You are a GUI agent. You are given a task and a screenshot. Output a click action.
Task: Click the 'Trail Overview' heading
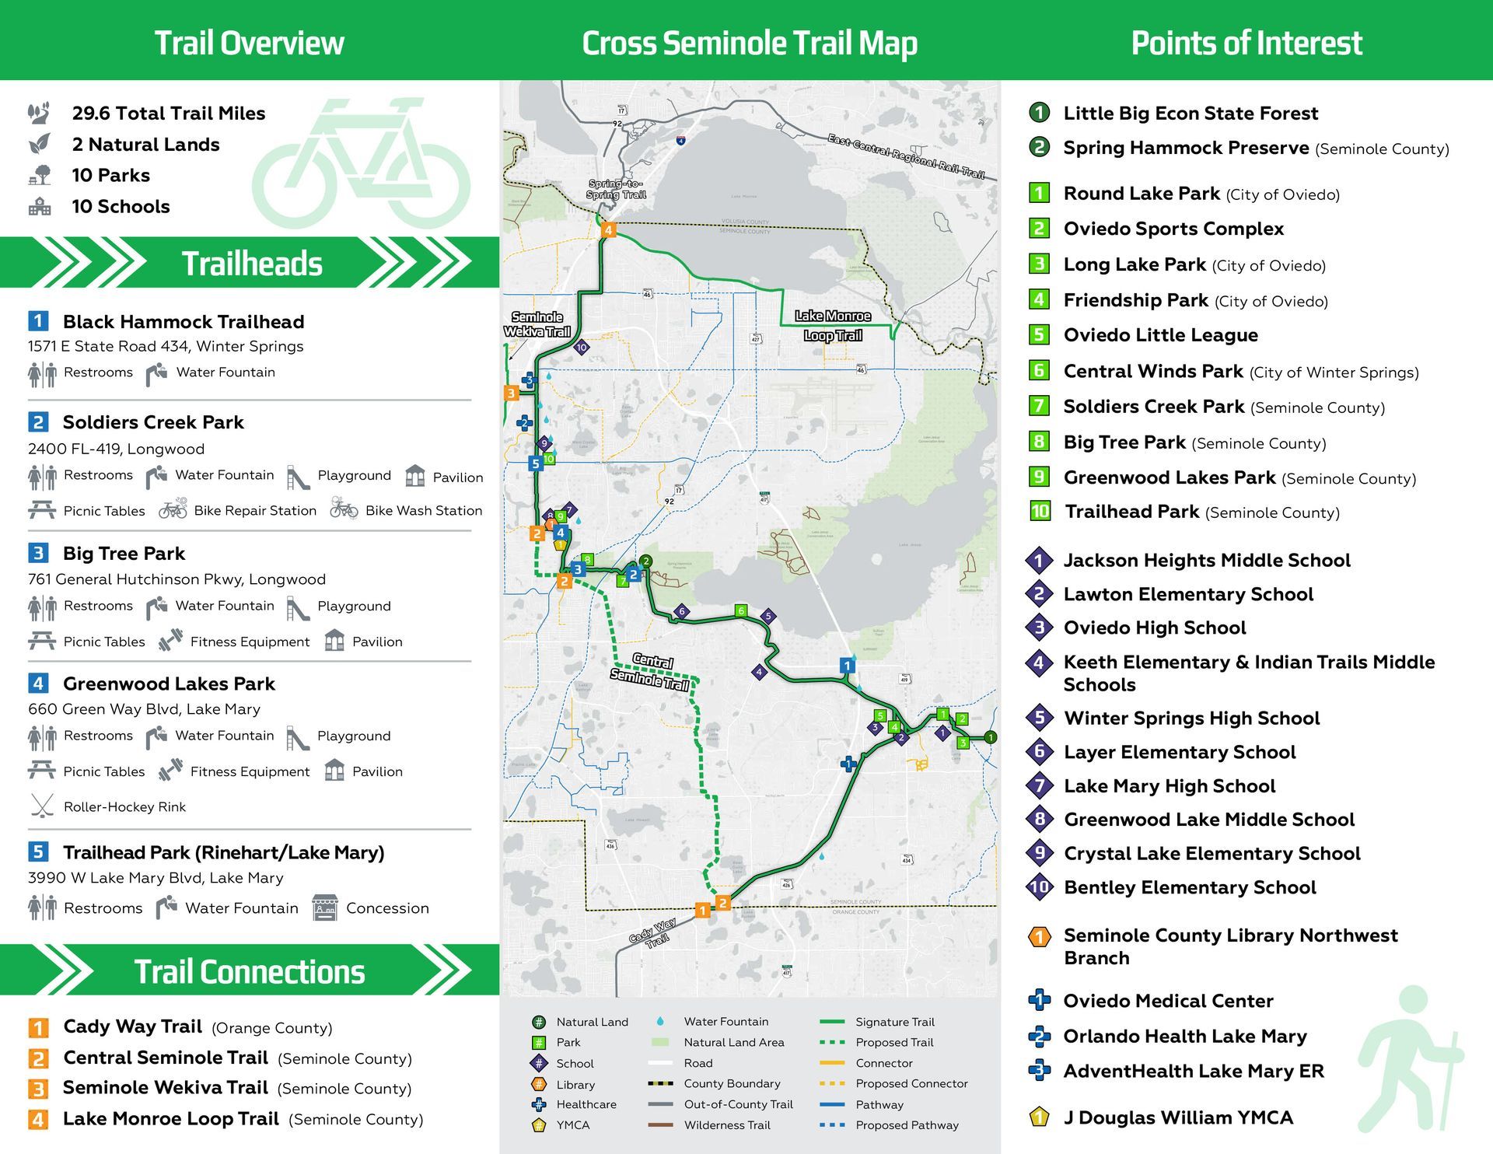[249, 43]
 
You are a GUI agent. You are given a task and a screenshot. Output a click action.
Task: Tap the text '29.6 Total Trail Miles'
[169, 114]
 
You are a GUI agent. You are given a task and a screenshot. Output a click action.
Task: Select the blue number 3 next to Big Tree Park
[38, 553]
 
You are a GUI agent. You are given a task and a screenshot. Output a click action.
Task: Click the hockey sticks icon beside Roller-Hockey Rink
[41, 806]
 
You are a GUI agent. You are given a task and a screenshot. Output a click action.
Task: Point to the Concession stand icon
[325, 907]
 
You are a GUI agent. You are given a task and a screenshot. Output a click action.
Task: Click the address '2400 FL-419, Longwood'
[116, 449]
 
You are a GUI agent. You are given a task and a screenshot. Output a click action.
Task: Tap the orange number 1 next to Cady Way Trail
[38, 1027]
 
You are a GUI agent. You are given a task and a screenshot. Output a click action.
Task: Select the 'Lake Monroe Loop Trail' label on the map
[833, 326]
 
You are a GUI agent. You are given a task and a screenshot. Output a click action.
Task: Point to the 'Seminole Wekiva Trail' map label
[537, 324]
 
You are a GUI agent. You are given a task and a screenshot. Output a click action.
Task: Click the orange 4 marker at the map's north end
[609, 229]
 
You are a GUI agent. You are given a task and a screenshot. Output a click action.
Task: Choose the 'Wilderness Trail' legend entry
[726, 1125]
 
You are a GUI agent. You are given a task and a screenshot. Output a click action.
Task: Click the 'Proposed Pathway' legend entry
[907, 1125]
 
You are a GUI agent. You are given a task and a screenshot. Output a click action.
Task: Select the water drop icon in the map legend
[660, 1021]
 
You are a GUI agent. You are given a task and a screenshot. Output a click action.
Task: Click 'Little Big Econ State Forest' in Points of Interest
[1191, 114]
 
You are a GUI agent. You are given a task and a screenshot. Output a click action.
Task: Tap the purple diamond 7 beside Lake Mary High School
[1040, 786]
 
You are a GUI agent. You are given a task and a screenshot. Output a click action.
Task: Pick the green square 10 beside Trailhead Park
[1040, 511]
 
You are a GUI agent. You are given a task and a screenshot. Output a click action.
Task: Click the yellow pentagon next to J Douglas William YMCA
[1040, 1117]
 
